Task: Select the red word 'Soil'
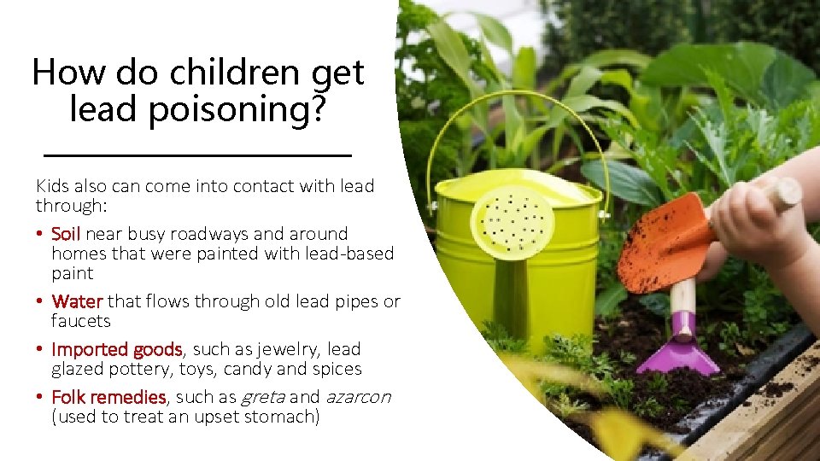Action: pos(66,234)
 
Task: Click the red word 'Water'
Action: pos(77,301)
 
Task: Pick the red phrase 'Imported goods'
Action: pos(117,349)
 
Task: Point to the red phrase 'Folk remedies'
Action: pos(108,397)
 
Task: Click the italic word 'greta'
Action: pos(265,397)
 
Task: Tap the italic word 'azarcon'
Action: pos(358,397)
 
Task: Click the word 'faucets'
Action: pos(81,321)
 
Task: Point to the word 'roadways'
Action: pos(216,234)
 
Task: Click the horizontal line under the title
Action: pos(196,155)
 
